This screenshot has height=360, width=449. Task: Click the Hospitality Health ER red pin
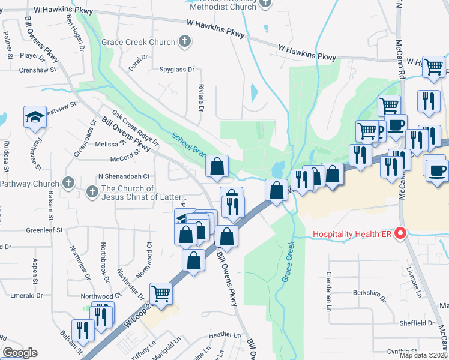400,233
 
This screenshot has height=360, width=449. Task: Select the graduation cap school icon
35,116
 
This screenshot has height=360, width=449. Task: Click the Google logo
20,353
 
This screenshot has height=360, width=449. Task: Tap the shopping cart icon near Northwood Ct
161,294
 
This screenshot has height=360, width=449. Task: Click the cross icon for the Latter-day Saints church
92,191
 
